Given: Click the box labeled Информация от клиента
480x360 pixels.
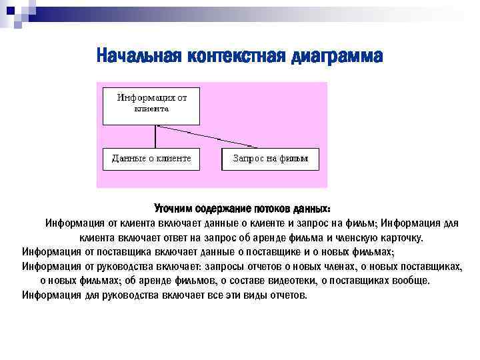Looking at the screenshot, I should pos(151,105).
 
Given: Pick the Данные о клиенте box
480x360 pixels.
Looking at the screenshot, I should pos(151,159).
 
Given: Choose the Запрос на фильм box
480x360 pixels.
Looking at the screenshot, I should pos(270,159).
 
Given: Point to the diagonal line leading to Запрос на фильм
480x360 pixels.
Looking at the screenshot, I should pos(220,137).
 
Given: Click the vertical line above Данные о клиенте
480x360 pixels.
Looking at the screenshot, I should pos(155,137).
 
